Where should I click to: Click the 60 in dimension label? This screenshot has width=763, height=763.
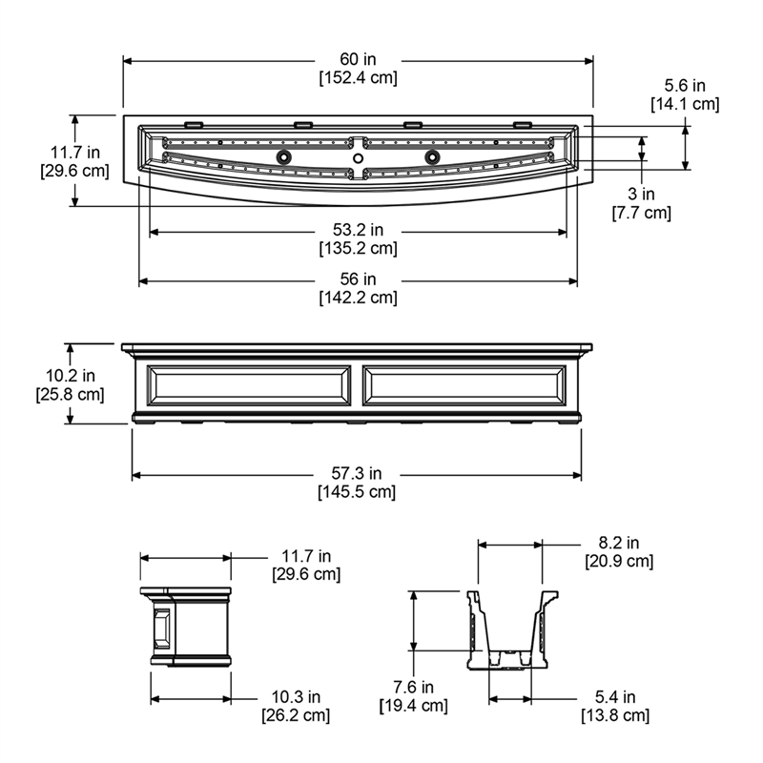click(358, 60)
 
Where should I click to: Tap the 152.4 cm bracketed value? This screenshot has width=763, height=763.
click(358, 77)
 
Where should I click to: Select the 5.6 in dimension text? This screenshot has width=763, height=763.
click(684, 86)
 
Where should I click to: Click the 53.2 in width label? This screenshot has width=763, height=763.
click(358, 231)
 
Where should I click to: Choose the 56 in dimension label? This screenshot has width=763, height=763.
click(358, 279)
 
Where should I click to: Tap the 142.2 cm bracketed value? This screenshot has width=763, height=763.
click(358, 297)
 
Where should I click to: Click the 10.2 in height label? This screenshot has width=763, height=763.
click(70, 375)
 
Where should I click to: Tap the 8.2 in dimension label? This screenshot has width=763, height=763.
click(618, 545)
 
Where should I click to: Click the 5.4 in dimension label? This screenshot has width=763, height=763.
click(614, 697)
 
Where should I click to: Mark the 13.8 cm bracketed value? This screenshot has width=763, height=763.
click(614, 714)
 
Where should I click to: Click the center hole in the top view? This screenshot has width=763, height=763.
click(358, 156)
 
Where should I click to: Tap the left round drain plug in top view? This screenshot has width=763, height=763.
click(283, 156)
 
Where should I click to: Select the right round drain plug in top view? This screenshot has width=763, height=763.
click(432, 156)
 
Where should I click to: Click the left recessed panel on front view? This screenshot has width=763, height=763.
click(249, 384)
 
